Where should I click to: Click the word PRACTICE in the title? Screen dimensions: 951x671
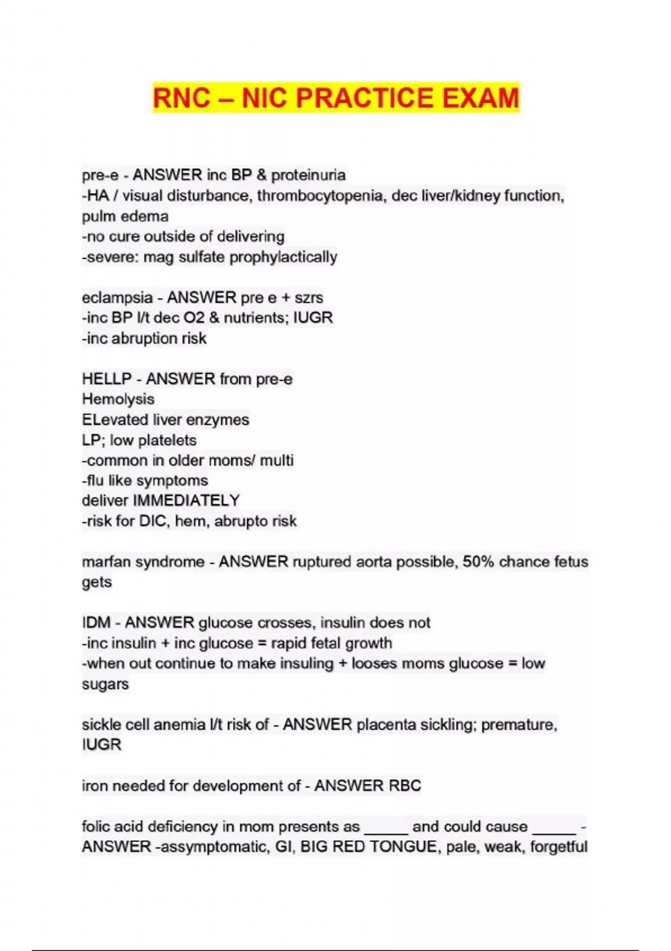pos(364,98)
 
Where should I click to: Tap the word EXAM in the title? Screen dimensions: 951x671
pos(481,98)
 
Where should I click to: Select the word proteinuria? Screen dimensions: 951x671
pos(308,175)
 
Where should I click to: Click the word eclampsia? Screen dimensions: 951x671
pos(117,298)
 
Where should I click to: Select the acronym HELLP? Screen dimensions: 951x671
pos(107,379)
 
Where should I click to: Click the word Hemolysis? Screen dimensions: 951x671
pos(118,399)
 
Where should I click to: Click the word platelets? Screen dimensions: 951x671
pos(167,440)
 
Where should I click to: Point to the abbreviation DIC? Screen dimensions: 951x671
pos(153,521)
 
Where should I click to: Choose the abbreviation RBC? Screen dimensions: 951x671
pos(404,786)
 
